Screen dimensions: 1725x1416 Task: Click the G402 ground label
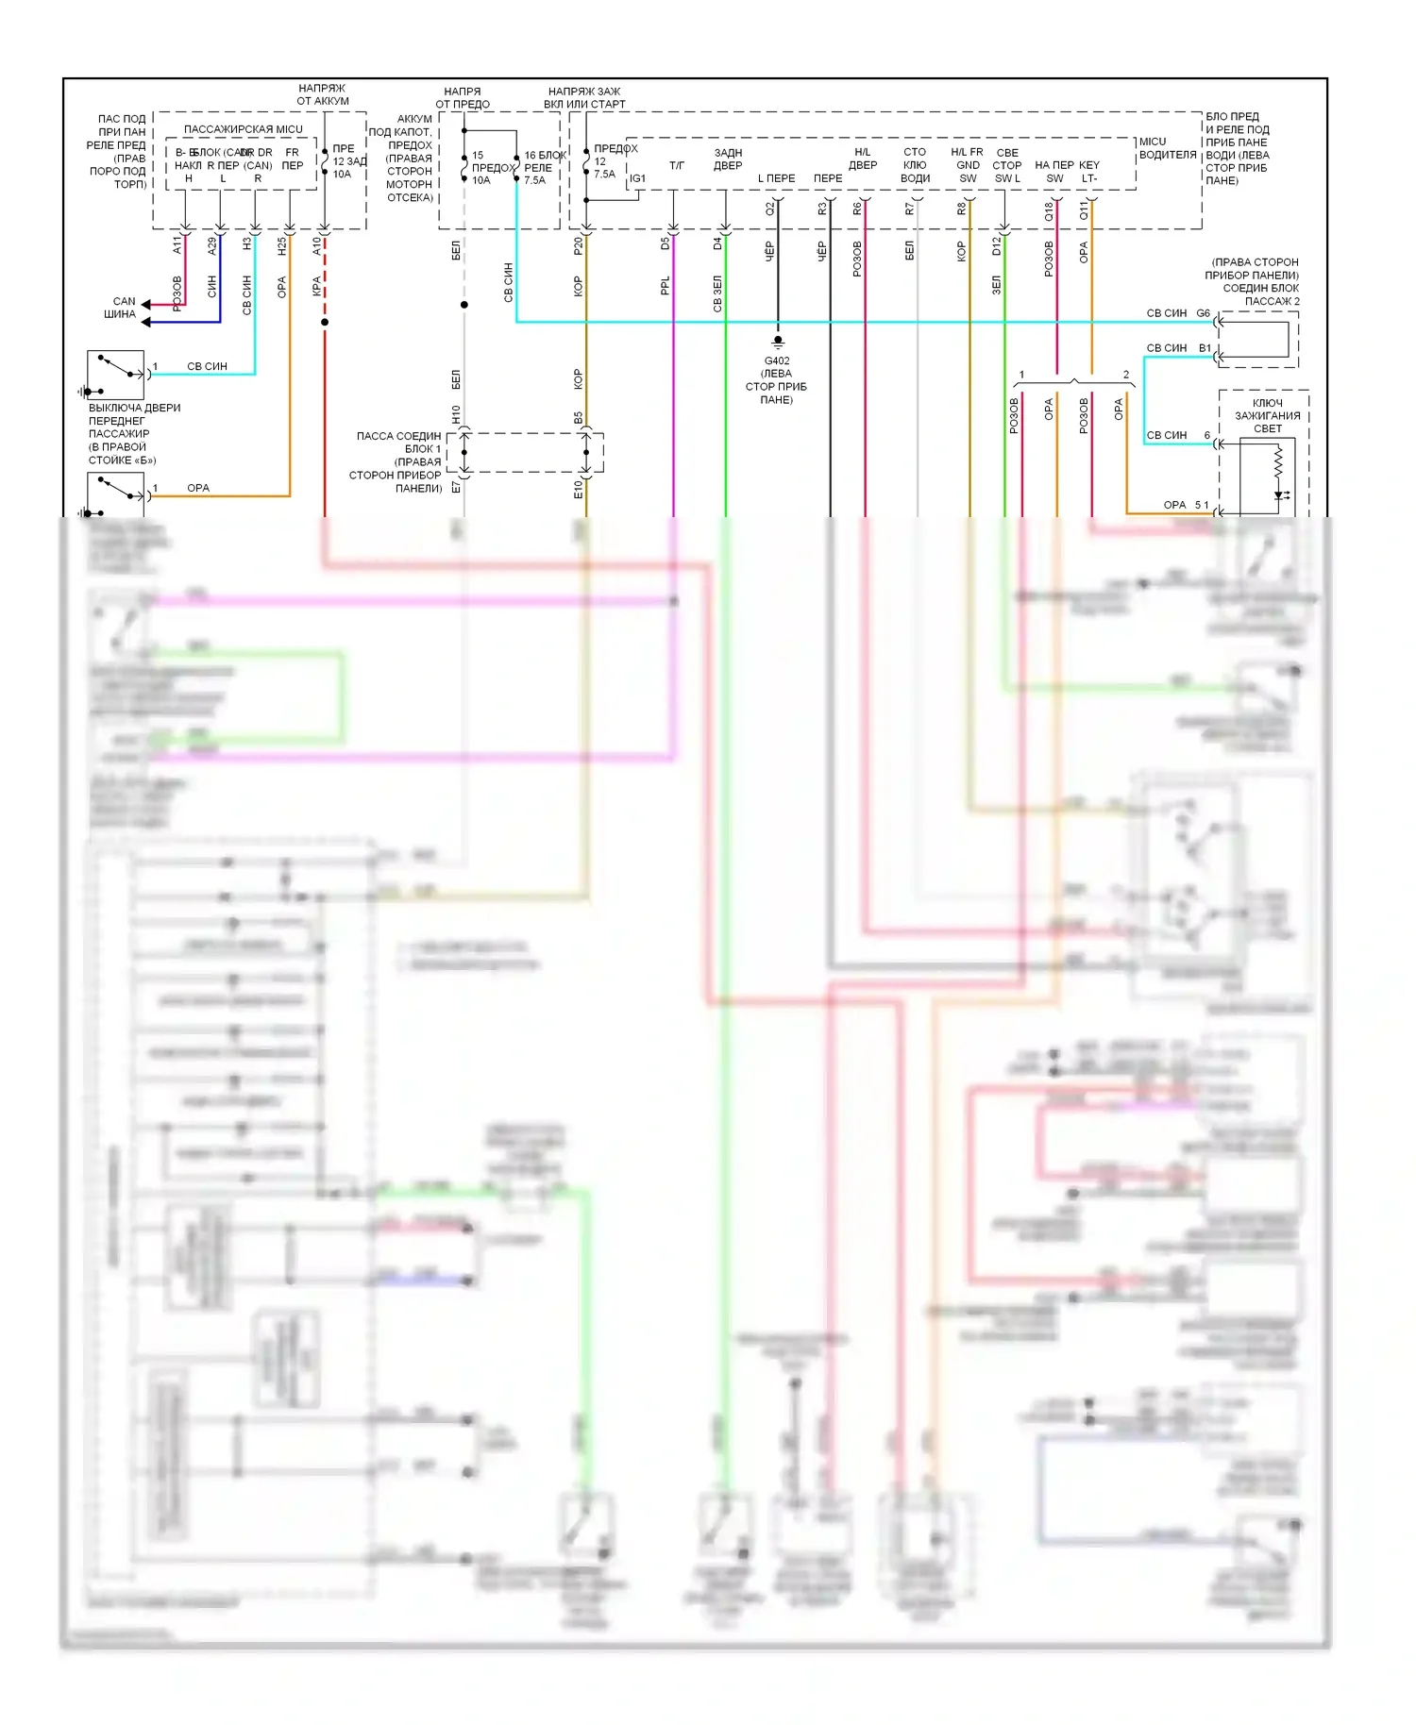point(777,360)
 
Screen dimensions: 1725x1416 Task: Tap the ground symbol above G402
point(778,342)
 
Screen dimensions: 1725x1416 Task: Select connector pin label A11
point(177,245)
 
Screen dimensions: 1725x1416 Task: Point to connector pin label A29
point(212,245)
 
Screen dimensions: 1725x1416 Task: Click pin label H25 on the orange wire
point(282,246)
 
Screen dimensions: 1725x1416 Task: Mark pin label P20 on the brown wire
point(579,245)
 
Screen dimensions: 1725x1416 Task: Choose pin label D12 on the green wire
point(997,245)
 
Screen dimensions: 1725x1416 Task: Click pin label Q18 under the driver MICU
point(1049,212)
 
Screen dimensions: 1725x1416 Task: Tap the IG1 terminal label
point(638,178)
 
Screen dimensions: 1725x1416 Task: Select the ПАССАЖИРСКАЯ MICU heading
point(244,129)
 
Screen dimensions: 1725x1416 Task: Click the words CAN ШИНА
point(121,308)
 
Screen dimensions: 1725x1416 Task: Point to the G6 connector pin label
point(1204,313)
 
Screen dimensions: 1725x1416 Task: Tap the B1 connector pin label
point(1205,348)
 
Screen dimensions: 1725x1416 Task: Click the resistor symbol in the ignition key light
point(1279,461)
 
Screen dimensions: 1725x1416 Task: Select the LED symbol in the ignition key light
point(1280,494)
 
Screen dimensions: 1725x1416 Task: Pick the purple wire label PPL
point(666,285)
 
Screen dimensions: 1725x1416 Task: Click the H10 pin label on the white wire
point(457,414)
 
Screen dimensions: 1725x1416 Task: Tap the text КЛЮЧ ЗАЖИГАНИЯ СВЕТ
point(1268,415)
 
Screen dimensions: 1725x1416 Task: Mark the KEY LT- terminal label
point(1089,171)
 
